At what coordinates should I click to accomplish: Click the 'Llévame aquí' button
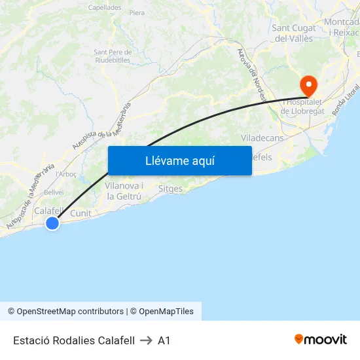click(x=179, y=160)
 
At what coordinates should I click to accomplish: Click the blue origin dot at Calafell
click(x=52, y=223)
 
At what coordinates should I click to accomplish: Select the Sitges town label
click(x=170, y=189)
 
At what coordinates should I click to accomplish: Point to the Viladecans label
click(x=262, y=138)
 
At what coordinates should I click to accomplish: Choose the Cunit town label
click(x=81, y=213)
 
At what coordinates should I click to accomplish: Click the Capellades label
click(x=105, y=8)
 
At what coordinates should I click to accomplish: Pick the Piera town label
click(x=137, y=12)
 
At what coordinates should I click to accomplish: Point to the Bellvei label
click(x=54, y=192)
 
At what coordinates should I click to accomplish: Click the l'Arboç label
click(x=67, y=174)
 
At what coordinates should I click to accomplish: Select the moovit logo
click(x=321, y=340)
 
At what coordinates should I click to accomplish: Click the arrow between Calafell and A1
click(x=146, y=340)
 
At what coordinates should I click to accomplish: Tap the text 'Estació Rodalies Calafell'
click(x=74, y=340)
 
